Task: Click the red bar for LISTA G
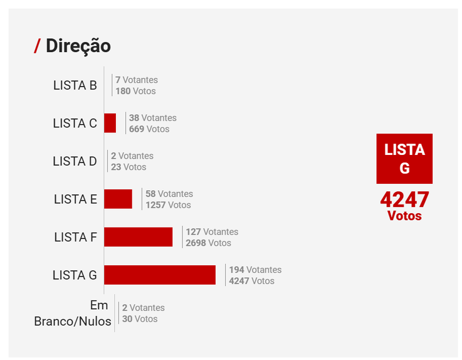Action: pos(160,275)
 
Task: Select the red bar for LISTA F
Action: pos(138,237)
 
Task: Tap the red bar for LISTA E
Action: pos(118,199)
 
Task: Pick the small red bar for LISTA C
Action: pos(110,123)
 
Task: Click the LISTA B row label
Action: pos(75,85)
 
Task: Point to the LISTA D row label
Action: pos(75,161)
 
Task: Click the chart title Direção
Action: pos(78,46)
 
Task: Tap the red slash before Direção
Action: pos(38,46)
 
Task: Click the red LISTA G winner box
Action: pos(404,159)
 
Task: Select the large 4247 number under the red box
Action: pos(404,200)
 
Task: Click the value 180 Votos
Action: pos(135,91)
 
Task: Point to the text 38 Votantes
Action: pos(152,118)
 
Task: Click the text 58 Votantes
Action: pos(169,194)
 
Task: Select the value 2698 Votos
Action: pos(208,243)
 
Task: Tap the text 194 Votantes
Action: pos(255,270)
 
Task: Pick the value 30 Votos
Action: pos(140,319)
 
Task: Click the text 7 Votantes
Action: pos(136,80)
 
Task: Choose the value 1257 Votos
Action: pos(168,205)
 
